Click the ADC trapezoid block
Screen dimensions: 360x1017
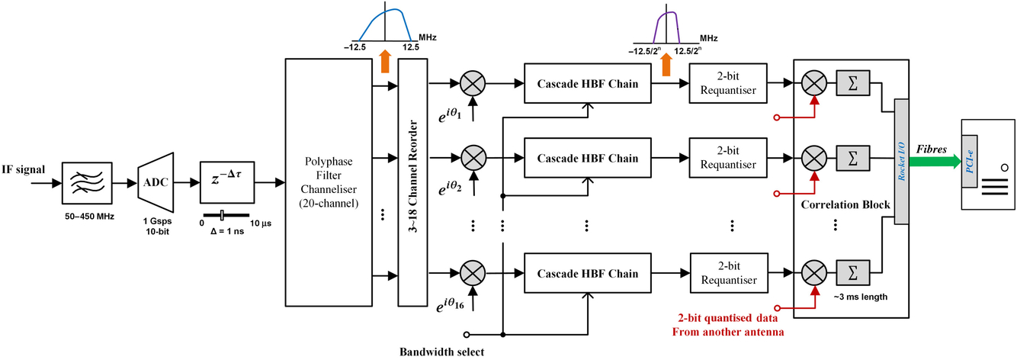pos(156,183)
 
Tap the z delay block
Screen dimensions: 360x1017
pos(226,183)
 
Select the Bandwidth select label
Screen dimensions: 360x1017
pos(441,352)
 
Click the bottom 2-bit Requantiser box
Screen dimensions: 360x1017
pos(727,273)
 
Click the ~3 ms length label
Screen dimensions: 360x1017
pos(861,296)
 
